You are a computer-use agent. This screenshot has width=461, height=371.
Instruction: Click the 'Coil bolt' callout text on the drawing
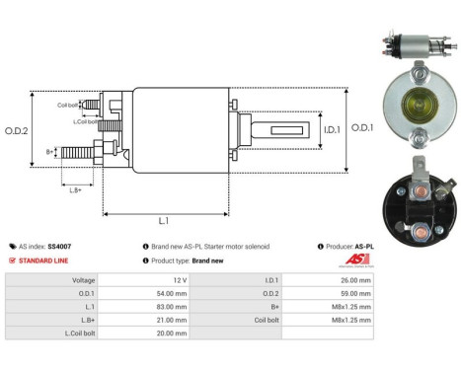[x=67, y=105]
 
